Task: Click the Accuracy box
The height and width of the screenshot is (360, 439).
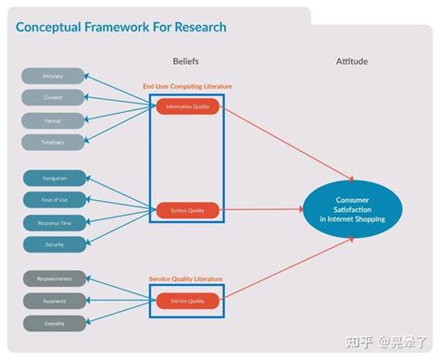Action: coord(54,76)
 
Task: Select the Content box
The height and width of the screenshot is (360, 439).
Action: coord(54,98)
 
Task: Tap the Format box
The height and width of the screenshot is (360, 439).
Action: coord(54,120)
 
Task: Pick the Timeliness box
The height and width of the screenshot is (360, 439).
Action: coord(54,142)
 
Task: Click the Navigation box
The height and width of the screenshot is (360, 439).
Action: coord(54,178)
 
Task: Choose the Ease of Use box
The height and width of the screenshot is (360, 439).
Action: coord(54,200)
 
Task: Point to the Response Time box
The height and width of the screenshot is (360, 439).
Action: coord(54,222)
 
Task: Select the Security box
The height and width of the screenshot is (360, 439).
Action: coord(54,244)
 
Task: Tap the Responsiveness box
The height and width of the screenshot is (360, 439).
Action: coord(54,279)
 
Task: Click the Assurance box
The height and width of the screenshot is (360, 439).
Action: coord(54,301)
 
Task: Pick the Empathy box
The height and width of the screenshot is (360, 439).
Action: coord(54,323)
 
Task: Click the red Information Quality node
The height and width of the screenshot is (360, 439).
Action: coord(187,107)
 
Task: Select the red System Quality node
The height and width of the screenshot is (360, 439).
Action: coord(187,210)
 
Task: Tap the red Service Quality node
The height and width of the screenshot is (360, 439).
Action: coord(187,301)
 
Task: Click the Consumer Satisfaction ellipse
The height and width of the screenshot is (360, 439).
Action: coord(353,208)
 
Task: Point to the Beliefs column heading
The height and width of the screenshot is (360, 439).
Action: coord(186,61)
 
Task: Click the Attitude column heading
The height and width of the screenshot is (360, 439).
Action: coord(352,61)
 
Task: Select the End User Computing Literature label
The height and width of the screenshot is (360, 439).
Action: coord(187,86)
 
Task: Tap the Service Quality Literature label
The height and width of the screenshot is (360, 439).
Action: coord(186,279)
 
